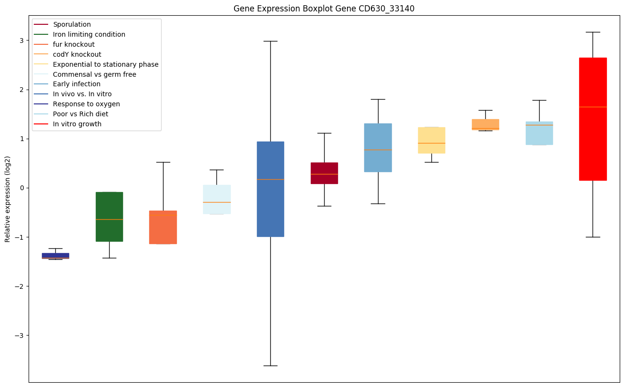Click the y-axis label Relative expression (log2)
(7, 199)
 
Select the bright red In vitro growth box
(593, 119)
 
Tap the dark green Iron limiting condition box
(109, 217)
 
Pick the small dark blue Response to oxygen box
(55, 255)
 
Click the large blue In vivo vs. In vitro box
(270, 189)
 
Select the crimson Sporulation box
(324, 173)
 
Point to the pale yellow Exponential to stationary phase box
(431, 140)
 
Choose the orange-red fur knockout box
(163, 227)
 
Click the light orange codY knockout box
(485, 124)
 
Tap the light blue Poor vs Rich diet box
(539, 133)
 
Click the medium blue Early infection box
(378, 148)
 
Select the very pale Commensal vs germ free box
(216, 199)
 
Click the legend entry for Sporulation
(72, 24)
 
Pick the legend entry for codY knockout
(77, 54)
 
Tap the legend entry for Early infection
(77, 84)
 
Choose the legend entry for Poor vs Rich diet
(81, 114)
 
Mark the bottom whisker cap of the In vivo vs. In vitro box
(270, 366)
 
